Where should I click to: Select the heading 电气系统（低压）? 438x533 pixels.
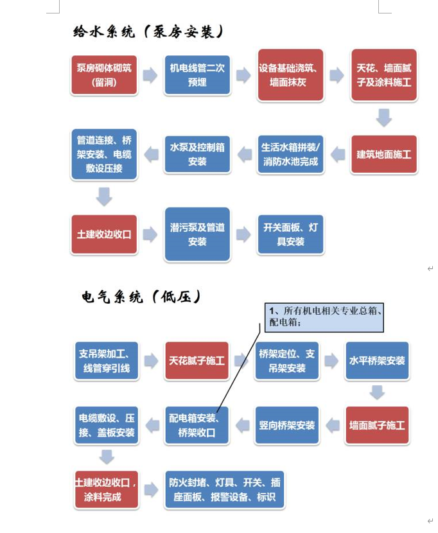pos(141,296)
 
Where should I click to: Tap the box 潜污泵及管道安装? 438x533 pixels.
pos(197,234)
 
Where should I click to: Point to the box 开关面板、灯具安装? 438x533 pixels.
pos(291,234)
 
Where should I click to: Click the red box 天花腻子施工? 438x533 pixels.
pos(197,361)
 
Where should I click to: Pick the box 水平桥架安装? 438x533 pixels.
pos(377,361)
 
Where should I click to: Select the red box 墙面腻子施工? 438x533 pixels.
pos(377,425)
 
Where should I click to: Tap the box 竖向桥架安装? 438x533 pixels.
pos(287,425)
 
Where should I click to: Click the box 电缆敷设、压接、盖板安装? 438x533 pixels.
pos(107,425)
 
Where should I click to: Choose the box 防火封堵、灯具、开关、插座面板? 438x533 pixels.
pos(224,489)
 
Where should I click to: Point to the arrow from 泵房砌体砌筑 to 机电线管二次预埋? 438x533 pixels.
pos(150,76)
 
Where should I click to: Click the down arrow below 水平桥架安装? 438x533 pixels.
pos(377,392)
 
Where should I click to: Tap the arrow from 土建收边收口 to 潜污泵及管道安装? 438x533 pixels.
pos(150,234)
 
